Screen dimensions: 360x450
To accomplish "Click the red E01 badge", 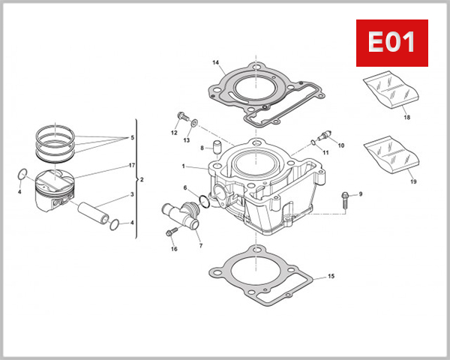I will click(x=390, y=43).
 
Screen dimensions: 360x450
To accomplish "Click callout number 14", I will click(x=215, y=62).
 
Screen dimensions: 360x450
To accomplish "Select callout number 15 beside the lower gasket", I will click(x=331, y=277).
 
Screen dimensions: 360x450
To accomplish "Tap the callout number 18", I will click(x=406, y=118).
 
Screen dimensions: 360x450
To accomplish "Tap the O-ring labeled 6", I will click(x=204, y=200).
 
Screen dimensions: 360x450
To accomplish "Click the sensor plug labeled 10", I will click(x=324, y=137).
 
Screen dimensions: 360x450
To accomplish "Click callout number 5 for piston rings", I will click(x=132, y=138).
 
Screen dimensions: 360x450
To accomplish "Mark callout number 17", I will click(x=132, y=165).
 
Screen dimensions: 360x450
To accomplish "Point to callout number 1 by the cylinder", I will click(x=182, y=166).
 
